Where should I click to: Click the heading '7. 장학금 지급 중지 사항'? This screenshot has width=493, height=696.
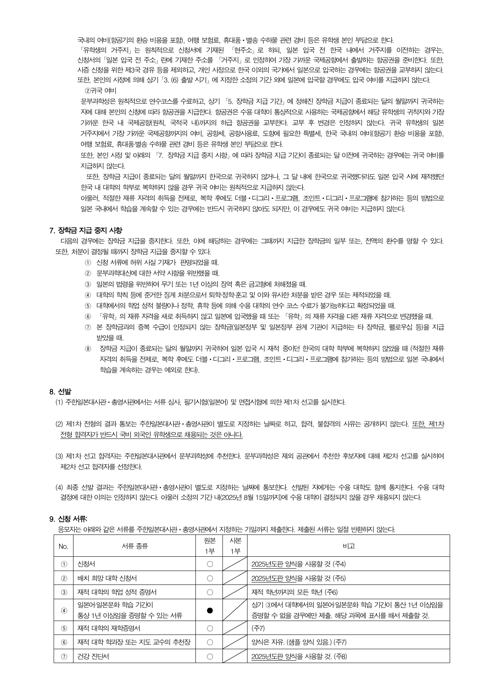click(86, 230)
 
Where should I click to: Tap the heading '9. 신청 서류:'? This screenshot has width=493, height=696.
click(68, 519)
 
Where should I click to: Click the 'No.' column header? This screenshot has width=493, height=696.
click(64, 546)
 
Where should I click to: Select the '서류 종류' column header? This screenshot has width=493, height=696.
click(135, 546)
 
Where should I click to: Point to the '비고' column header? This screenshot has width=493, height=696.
click(348, 546)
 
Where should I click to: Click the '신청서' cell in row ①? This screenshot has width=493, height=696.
click(86, 564)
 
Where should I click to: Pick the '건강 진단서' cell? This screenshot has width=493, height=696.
click(93, 656)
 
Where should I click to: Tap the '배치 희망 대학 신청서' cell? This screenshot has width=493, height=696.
click(107, 578)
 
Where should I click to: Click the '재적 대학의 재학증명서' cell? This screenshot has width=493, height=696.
click(109, 628)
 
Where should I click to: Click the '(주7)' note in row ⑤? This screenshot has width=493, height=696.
click(258, 628)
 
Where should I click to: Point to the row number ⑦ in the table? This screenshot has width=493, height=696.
click(64, 656)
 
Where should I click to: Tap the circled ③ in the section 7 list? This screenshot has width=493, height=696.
click(88, 285)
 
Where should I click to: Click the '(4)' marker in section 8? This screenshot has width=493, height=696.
click(59, 487)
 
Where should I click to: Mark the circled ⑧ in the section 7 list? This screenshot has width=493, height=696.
click(88, 349)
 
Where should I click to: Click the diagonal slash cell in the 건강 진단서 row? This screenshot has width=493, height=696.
click(235, 656)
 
